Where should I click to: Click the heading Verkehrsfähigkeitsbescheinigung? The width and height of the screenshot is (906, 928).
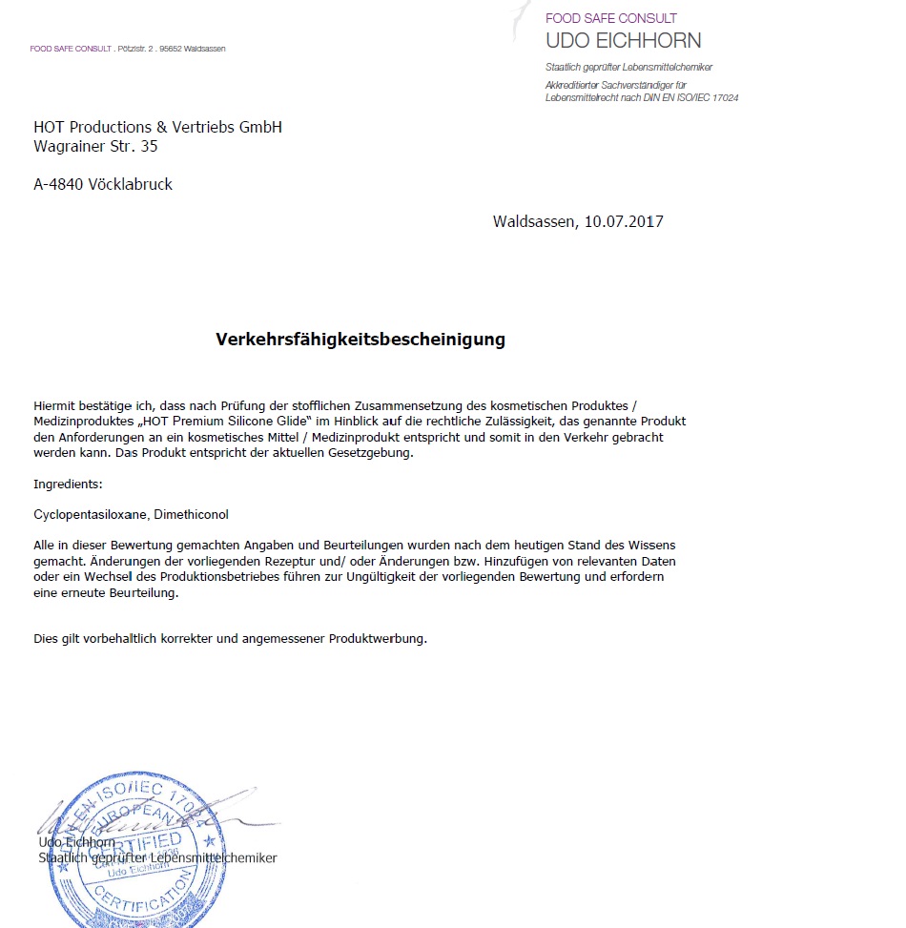pyautogui.click(x=360, y=340)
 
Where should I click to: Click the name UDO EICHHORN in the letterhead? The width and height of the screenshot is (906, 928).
pyautogui.click(x=623, y=41)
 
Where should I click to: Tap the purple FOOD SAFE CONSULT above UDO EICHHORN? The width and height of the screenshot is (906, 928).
pyautogui.click(x=610, y=18)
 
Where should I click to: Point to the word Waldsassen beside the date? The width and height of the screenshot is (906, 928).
pyautogui.click(x=533, y=222)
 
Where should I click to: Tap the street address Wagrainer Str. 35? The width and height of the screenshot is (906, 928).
pyautogui.click(x=95, y=147)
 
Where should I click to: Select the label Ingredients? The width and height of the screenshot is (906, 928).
pyautogui.click(x=68, y=485)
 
